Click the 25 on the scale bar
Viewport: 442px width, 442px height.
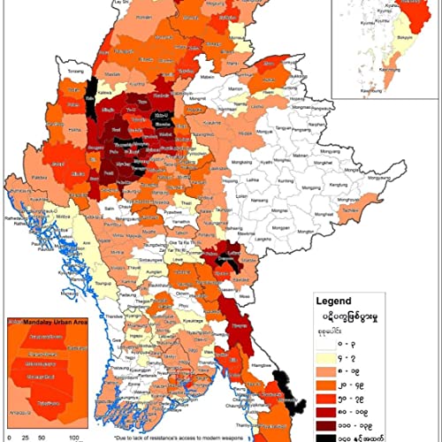pos(25,437)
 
